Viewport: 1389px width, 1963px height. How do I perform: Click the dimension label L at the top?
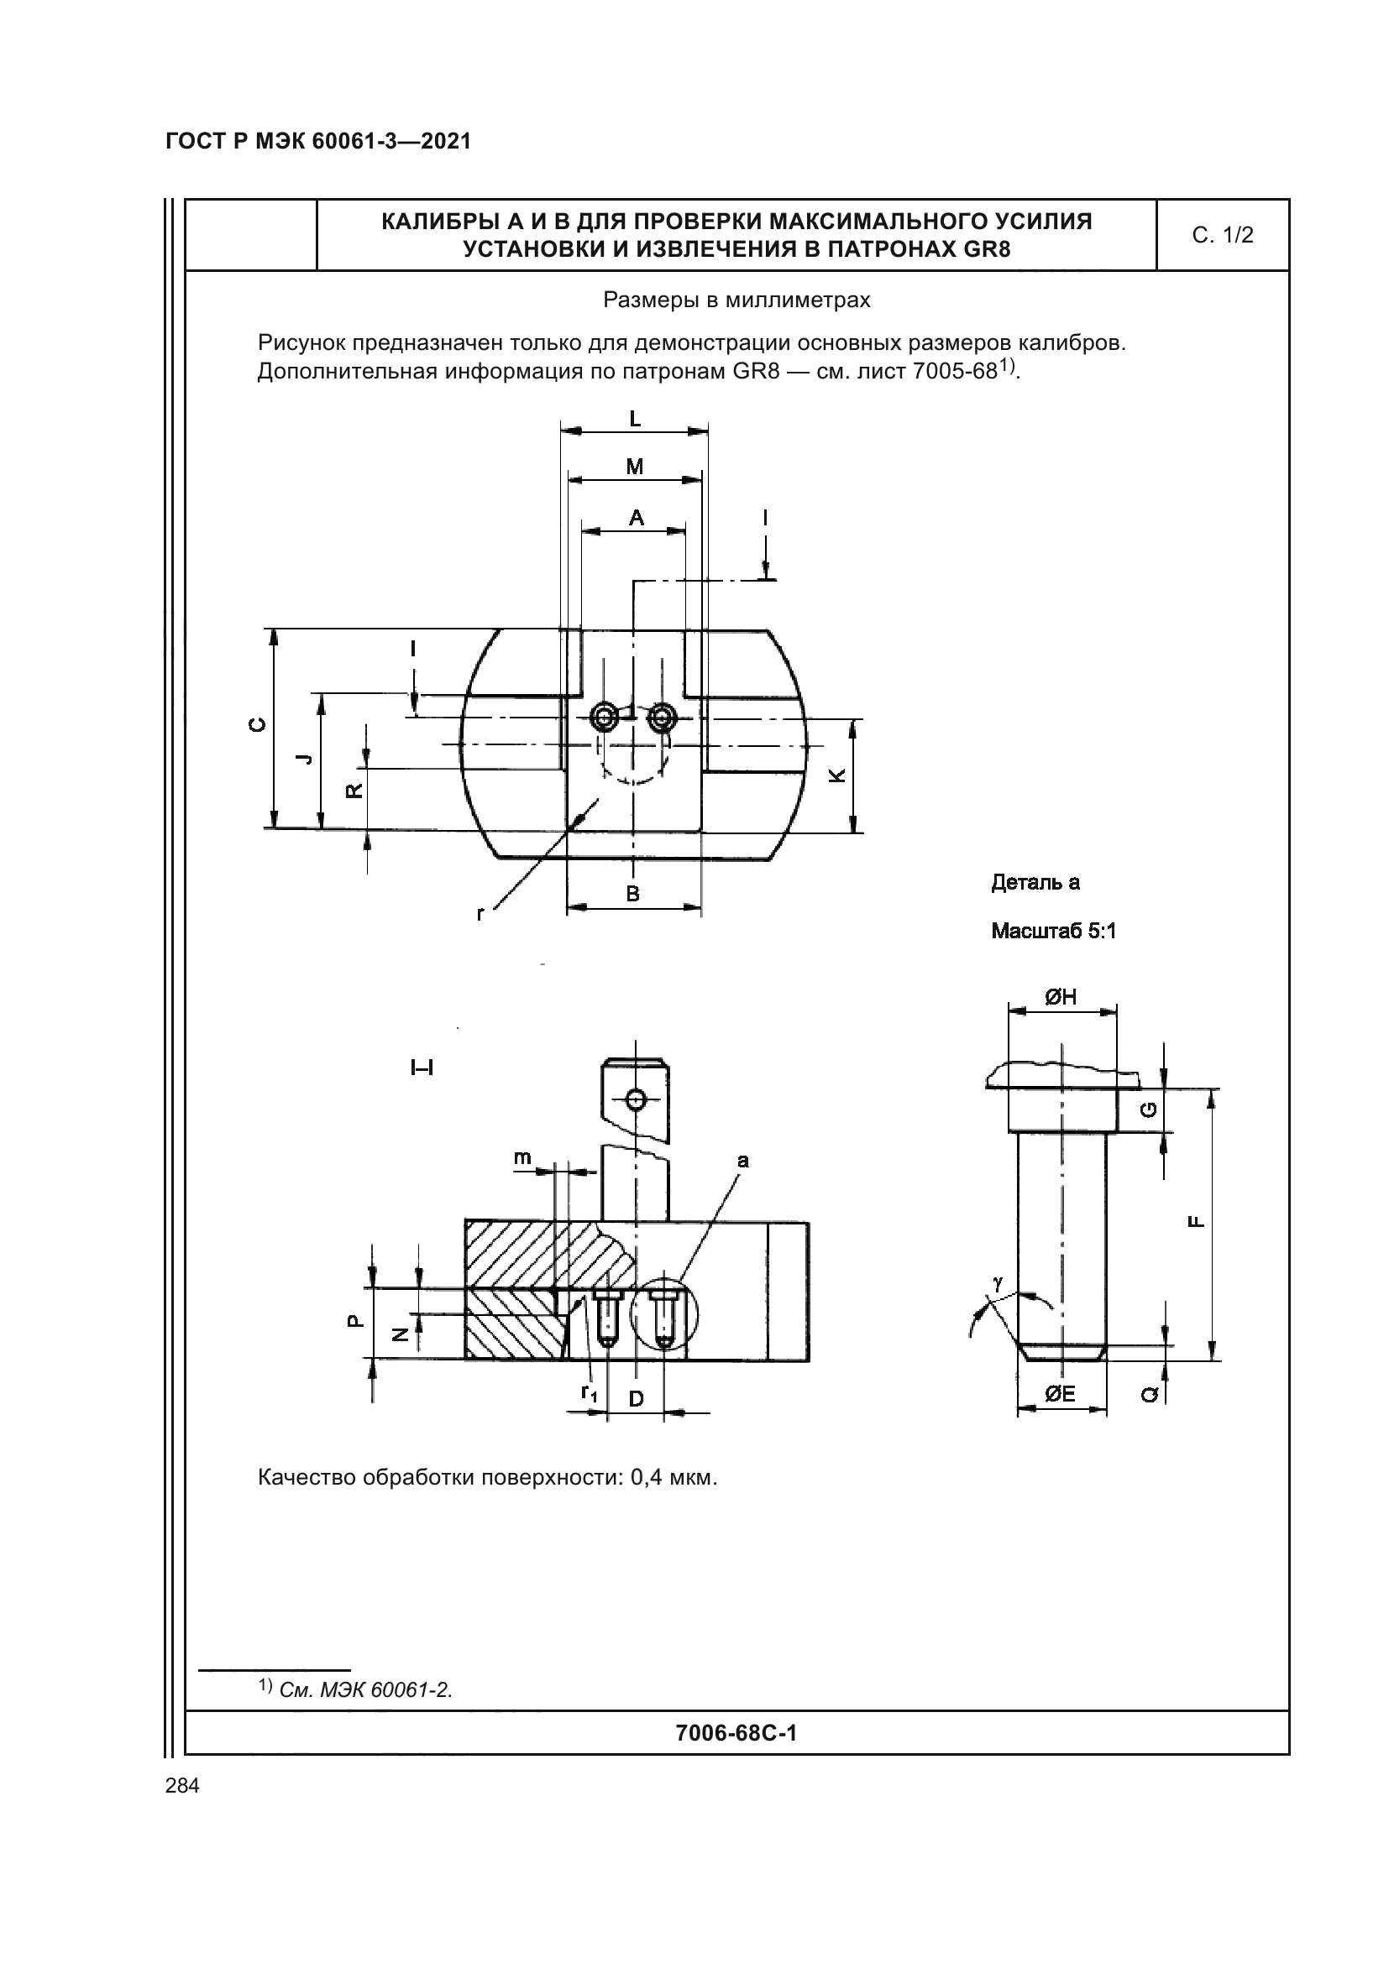(x=635, y=419)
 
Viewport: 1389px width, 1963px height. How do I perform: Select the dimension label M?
(x=635, y=467)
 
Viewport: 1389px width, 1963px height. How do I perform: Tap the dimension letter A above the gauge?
(x=637, y=518)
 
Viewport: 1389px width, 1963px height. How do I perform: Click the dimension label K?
(x=838, y=775)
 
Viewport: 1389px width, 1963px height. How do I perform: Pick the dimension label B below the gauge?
(x=633, y=895)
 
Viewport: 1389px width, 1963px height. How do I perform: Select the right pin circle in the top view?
(x=662, y=718)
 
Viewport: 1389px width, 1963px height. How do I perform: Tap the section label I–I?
(x=422, y=1068)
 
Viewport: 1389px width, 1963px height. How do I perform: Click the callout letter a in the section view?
(x=742, y=1160)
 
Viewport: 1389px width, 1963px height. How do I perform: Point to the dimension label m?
(x=522, y=1158)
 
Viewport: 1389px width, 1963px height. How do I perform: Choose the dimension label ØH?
(x=1061, y=997)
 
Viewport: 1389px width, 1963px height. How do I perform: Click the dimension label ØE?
(x=1060, y=1395)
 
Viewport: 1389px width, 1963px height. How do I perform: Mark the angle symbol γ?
(x=998, y=1282)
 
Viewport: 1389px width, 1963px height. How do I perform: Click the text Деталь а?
(x=1035, y=883)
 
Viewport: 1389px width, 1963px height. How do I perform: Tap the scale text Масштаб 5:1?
(x=1054, y=931)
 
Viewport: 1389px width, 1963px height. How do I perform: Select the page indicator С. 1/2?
(x=1223, y=235)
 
